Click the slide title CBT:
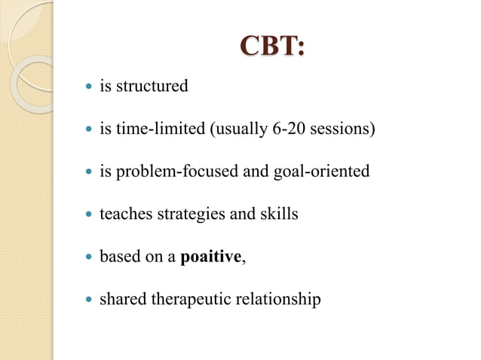272,47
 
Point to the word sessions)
342,129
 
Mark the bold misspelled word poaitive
211,257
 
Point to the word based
120,257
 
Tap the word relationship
280,300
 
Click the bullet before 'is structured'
87,87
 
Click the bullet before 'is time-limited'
87,130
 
